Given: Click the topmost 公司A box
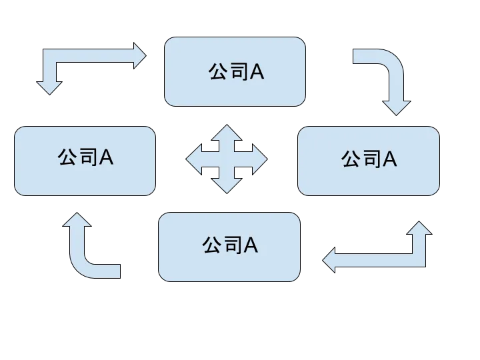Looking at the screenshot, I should [235, 71].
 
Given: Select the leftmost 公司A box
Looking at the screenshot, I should [85, 161].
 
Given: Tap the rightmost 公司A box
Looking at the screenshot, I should [369, 161].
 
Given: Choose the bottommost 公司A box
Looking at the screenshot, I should [229, 246].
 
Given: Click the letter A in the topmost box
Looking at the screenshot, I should [257, 72].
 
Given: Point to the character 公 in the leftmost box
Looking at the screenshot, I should [67, 157].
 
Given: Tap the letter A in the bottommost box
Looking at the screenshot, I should [251, 246].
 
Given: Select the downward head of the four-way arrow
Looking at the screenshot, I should [227, 186].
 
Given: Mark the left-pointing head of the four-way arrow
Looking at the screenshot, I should [194, 160].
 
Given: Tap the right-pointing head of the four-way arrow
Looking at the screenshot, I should [259, 160].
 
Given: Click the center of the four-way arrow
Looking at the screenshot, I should [227, 160].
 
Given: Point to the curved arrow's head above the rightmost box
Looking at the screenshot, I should [398, 107].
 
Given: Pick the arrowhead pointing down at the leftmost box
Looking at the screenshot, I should [49, 87].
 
